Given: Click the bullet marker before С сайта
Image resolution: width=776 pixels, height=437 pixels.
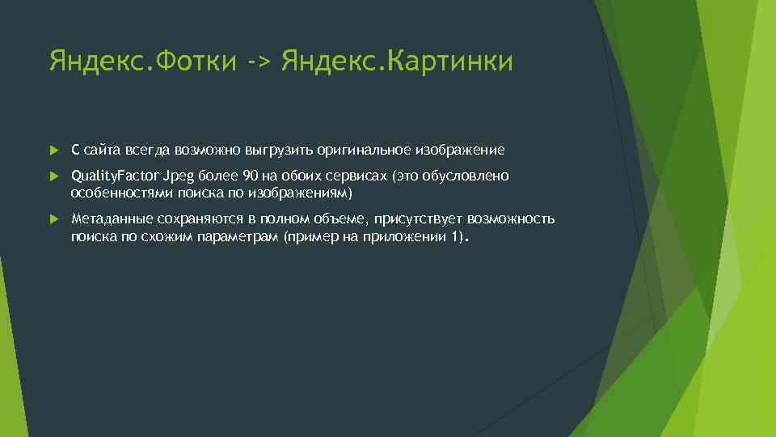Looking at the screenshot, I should click(x=53, y=150).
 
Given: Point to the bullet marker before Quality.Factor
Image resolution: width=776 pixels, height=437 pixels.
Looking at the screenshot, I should click(x=53, y=176).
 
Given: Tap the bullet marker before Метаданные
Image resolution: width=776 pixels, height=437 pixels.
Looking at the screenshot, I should click(x=53, y=219).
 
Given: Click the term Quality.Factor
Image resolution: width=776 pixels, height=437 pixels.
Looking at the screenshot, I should click(x=115, y=176).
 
